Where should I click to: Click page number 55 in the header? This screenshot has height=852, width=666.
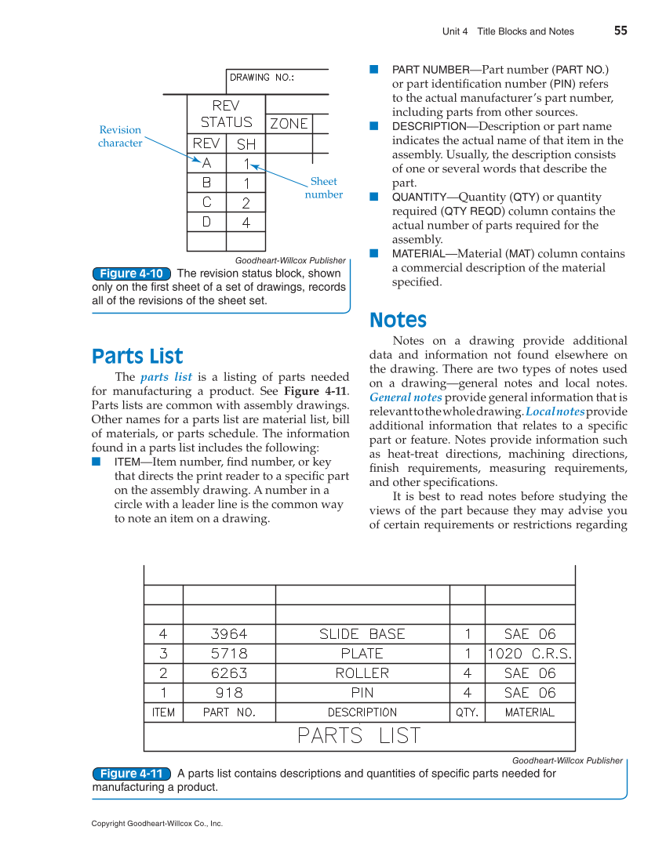pyautogui.click(x=621, y=31)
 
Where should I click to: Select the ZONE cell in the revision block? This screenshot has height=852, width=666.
pyautogui.click(x=289, y=124)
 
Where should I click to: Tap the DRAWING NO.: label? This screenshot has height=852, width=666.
pyautogui.click(x=261, y=78)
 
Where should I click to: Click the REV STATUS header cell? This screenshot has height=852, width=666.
pyautogui.click(x=226, y=114)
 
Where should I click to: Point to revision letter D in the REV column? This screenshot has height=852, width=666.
pyautogui.click(x=206, y=222)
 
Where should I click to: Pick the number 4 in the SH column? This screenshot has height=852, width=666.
pyautogui.click(x=246, y=223)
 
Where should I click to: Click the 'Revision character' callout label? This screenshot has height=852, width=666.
pyautogui.click(x=120, y=136)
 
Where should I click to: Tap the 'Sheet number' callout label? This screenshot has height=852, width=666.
pyautogui.click(x=323, y=188)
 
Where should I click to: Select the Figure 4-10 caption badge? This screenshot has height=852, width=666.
pyautogui.click(x=132, y=274)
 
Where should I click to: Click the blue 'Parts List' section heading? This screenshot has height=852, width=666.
pyautogui.click(x=137, y=357)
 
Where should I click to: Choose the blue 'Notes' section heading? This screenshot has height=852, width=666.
pyautogui.click(x=398, y=321)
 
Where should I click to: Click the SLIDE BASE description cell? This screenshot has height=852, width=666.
pyautogui.click(x=362, y=634)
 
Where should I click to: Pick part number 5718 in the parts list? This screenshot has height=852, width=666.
pyautogui.click(x=229, y=654)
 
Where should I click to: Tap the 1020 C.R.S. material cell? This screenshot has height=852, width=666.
pyautogui.click(x=530, y=654)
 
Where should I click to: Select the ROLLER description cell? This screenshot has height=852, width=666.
pyautogui.click(x=362, y=673)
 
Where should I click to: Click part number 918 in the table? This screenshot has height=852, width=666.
pyautogui.click(x=229, y=693)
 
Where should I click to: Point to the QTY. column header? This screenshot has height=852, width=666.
pyautogui.click(x=468, y=712)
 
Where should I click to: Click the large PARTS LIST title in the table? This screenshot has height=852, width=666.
pyautogui.click(x=359, y=736)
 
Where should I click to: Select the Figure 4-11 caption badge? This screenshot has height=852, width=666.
pyautogui.click(x=132, y=774)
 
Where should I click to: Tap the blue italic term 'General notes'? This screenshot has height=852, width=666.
pyautogui.click(x=406, y=397)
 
